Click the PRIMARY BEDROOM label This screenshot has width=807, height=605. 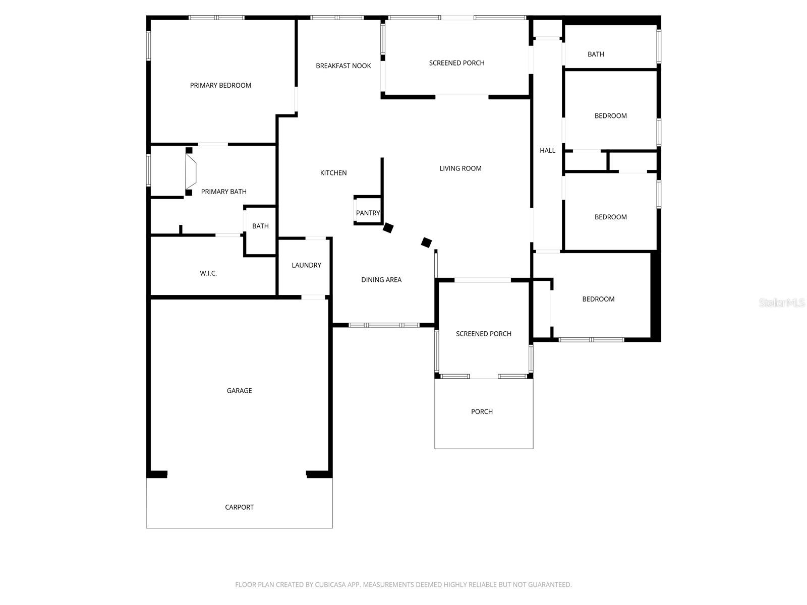click(220, 85)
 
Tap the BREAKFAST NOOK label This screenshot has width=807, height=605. click(343, 66)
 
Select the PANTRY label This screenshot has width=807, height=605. click(368, 213)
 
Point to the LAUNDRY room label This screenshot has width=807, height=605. click(306, 265)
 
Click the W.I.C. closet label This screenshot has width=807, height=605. click(208, 273)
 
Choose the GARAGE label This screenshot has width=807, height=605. click(239, 390)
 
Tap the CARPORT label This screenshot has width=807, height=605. click(239, 507)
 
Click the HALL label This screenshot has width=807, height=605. click(547, 150)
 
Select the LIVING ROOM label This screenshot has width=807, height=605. click(460, 168)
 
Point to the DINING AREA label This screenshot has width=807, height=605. click(381, 280)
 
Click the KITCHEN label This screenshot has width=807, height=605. click(333, 173)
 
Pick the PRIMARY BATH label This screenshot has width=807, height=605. click(223, 192)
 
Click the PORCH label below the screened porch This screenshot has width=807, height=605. click(482, 411)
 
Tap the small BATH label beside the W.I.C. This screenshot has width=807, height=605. click(260, 226)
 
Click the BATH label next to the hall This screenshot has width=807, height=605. click(596, 54)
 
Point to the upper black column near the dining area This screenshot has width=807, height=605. click(388, 227)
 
